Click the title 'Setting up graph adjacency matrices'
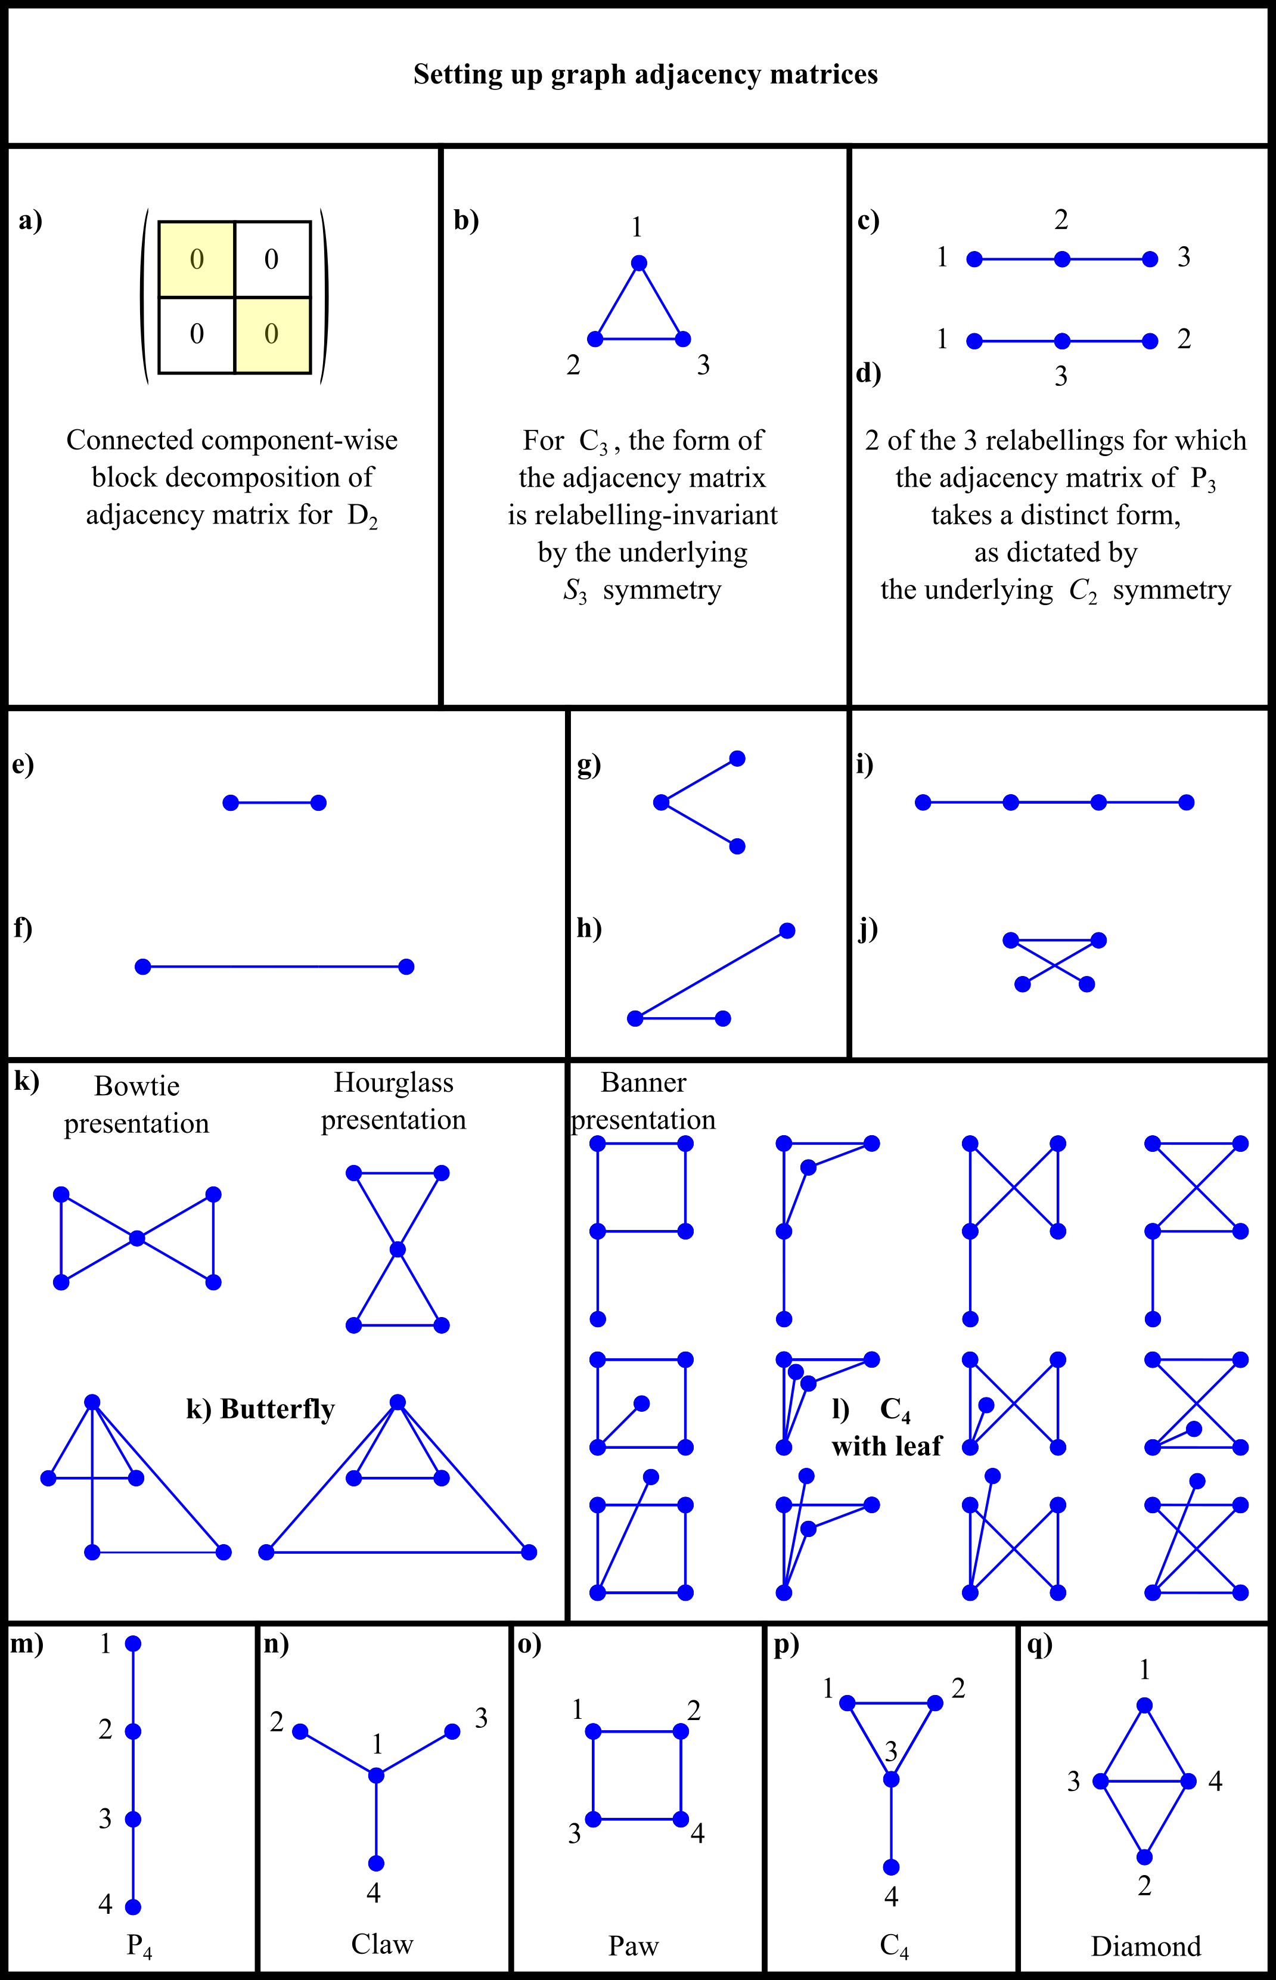(x=645, y=75)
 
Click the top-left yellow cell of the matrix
(x=196, y=259)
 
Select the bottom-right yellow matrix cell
(x=272, y=335)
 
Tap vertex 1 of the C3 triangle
(x=638, y=264)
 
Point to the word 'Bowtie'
(x=136, y=1086)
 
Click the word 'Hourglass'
(x=393, y=1082)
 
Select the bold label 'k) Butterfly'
(x=260, y=1409)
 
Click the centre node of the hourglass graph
(x=398, y=1249)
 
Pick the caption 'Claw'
(x=382, y=1944)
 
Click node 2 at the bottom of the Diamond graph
(x=1144, y=1857)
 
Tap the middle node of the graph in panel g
(x=661, y=802)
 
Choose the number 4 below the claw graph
(x=374, y=1893)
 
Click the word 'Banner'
(x=643, y=1082)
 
